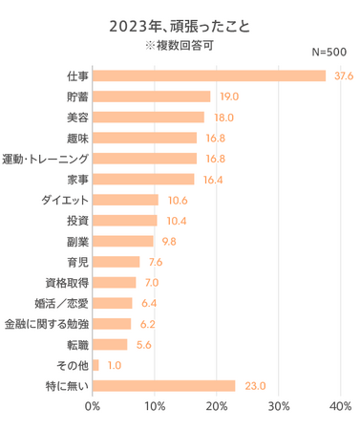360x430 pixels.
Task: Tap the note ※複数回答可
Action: pyautogui.click(x=180, y=44)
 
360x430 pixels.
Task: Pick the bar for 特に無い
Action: pyautogui.click(x=164, y=386)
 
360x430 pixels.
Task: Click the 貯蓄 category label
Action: pyautogui.click(x=76, y=97)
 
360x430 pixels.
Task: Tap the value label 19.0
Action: pyautogui.click(x=228, y=97)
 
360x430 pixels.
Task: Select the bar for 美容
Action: pyautogui.click(x=148, y=117)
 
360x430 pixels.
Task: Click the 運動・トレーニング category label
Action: pyautogui.click(x=47, y=159)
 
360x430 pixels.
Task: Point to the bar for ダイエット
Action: pyautogui.click(x=125, y=200)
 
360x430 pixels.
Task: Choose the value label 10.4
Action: pyautogui.click(x=175, y=221)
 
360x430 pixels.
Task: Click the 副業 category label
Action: pyautogui.click(x=76, y=241)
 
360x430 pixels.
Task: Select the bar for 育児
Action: pyautogui.click(x=116, y=262)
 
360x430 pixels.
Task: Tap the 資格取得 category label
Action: pyautogui.click(x=67, y=283)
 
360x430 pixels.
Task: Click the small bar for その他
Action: pyautogui.click(x=95, y=365)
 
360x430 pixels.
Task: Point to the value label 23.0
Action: pyautogui.click(x=254, y=386)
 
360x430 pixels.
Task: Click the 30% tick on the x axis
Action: pyautogui.click(x=279, y=407)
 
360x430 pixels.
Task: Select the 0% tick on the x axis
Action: pyautogui.click(x=93, y=407)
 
